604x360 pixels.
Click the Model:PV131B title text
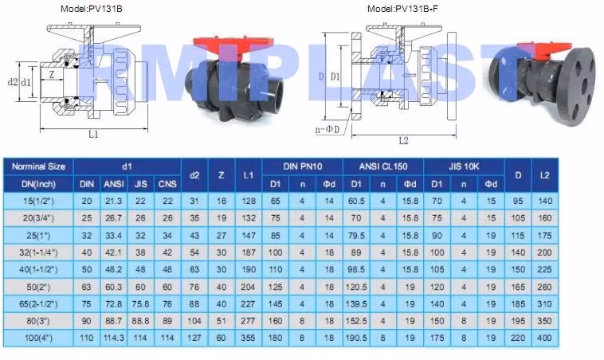pos(92,9)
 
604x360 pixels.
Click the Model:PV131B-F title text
pos(402,9)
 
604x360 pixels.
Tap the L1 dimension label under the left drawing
pos(93,135)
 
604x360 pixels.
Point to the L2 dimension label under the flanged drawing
pos(403,141)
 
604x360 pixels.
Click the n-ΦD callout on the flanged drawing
pos(327,130)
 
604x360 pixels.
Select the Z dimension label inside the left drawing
pos(51,75)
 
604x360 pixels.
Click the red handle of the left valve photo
pos(231,45)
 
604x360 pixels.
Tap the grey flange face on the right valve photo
pos(577,87)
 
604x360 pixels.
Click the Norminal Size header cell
pos(38,166)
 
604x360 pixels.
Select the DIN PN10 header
pos(302,166)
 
